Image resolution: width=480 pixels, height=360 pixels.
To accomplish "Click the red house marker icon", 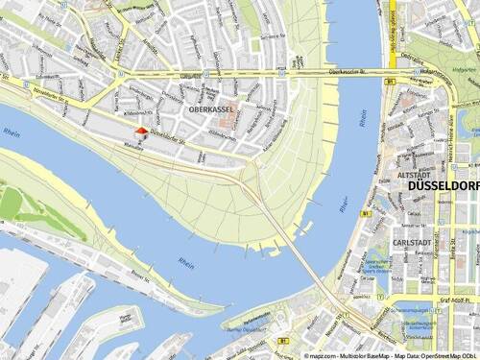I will pyautogui.click(x=141, y=133).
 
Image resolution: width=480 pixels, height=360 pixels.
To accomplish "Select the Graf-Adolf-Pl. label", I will pyautogui.click(x=455, y=298).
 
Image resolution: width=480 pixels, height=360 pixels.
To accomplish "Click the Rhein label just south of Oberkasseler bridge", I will pyautogui.click(x=363, y=118).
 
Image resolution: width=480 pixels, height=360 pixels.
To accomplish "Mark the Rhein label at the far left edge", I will pyautogui.click(x=11, y=132).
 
